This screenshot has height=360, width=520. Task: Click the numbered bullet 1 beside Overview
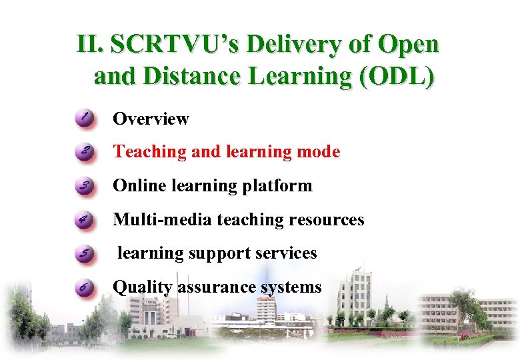point(84,119)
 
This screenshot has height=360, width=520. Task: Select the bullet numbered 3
point(84,186)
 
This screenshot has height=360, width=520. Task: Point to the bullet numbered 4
point(84,220)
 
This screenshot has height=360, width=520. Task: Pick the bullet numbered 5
point(84,254)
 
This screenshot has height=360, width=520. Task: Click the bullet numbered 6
point(84,288)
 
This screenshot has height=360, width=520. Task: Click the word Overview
point(151,119)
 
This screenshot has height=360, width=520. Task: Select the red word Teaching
point(150,152)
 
